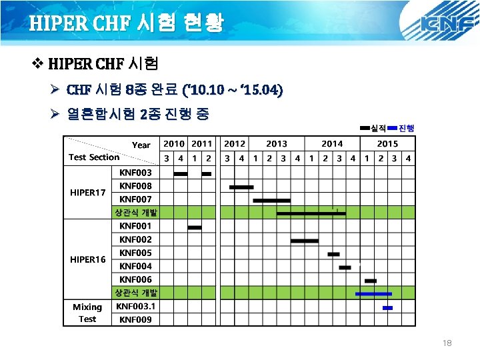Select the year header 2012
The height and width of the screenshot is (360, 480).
click(235, 143)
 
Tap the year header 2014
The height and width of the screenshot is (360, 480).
click(331, 143)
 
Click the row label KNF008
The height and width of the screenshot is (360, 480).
click(136, 186)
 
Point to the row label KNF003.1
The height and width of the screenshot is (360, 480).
click(136, 307)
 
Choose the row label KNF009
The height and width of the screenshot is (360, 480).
click(136, 319)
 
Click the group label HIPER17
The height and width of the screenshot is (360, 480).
click(88, 193)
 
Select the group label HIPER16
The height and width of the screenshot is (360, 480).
click(88, 259)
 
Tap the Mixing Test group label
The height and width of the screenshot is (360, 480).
click(87, 313)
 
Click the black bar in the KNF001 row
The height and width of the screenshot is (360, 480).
click(195, 227)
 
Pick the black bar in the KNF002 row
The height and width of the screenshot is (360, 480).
click(305, 241)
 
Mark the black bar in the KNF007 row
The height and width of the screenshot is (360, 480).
click(271, 200)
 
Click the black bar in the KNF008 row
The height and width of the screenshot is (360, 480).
click(241, 187)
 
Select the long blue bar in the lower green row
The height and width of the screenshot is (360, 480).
click(373, 293)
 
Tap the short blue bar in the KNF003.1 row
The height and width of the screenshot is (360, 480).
click(387, 308)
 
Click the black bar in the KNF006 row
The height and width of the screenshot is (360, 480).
click(371, 281)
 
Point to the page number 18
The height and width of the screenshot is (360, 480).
click(447, 343)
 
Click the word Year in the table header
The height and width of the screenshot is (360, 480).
click(141, 145)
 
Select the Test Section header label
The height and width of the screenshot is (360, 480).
click(94, 157)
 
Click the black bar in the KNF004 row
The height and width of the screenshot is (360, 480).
click(345, 267)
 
